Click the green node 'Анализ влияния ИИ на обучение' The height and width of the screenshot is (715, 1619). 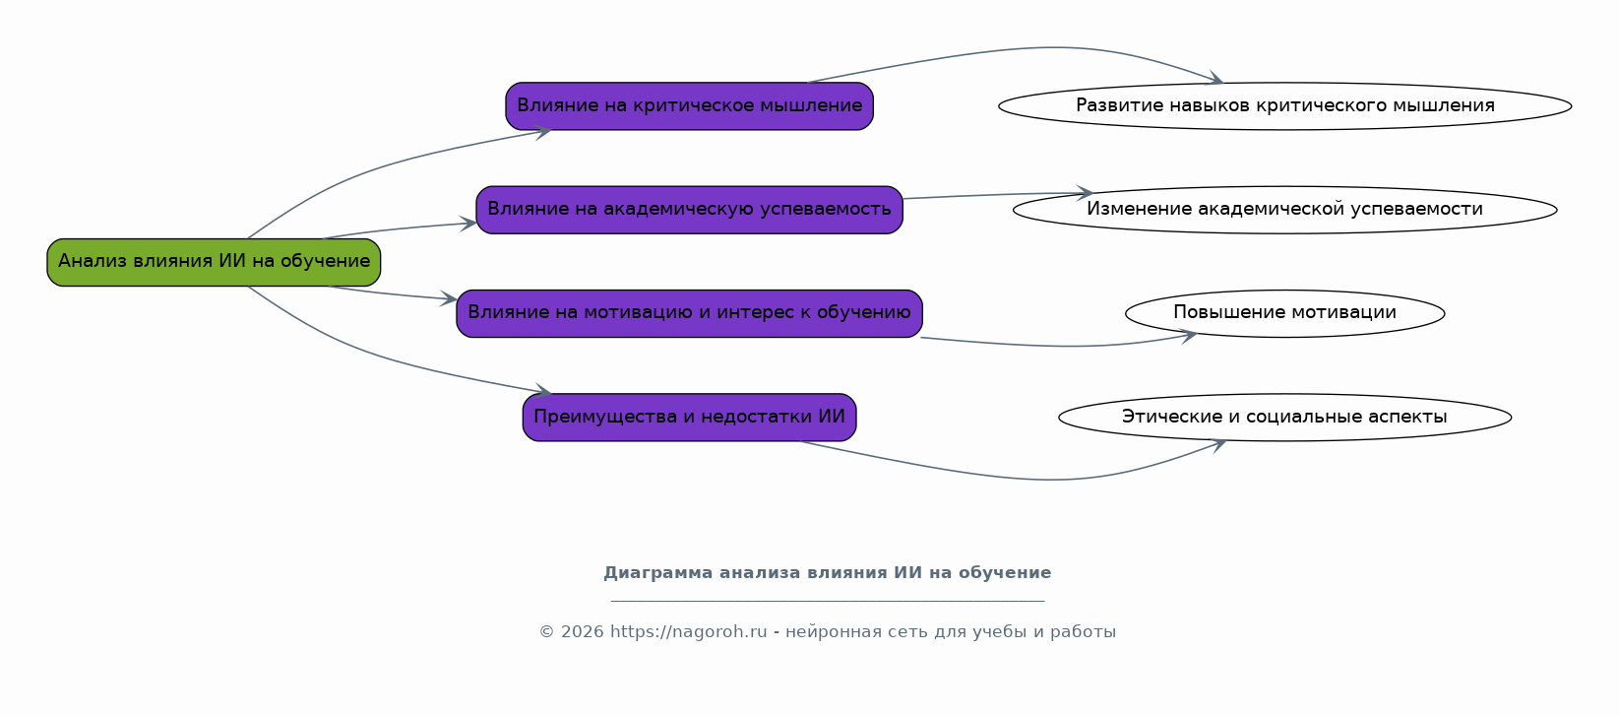point(214,262)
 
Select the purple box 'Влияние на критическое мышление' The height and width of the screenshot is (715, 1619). point(689,106)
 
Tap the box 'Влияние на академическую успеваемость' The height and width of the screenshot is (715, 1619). point(689,210)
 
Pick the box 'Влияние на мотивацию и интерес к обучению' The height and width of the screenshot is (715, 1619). point(689,313)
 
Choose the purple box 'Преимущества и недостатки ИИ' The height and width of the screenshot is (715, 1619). point(689,418)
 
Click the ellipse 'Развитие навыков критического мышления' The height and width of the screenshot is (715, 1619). point(1284,106)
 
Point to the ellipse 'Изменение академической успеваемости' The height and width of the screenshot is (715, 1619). point(1284,210)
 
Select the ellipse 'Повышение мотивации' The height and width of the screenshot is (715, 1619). point(1284,313)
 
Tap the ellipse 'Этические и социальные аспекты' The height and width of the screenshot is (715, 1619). point(1284,418)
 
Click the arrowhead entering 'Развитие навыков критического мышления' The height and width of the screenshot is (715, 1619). point(1215,80)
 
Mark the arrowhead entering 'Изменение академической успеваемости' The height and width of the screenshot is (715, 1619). point(1085,193)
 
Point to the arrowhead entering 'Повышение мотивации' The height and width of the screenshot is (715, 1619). point(1189,336)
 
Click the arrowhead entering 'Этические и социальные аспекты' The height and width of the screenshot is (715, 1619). point(1218,444)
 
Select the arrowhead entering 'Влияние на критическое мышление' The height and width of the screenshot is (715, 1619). point(543,132)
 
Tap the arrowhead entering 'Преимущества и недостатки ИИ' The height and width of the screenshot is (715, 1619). point(543,392)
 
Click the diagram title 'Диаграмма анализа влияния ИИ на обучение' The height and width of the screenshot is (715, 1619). point(827,573)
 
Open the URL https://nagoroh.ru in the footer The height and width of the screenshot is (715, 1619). point(688,632)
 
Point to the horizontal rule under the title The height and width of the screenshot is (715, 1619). point(827,601)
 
